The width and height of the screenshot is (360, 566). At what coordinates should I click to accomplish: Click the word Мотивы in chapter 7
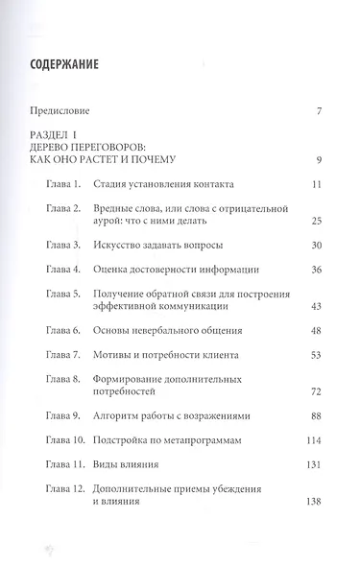(x=119, y=355)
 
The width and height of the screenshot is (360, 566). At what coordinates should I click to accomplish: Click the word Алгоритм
(x=125, y=416)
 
